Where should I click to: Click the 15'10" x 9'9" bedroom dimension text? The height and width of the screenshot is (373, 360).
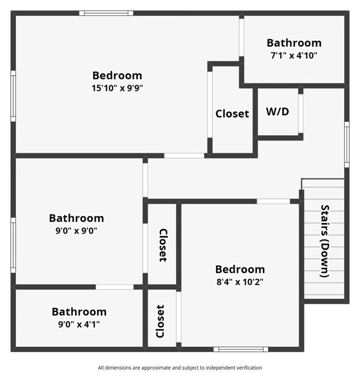pos(117,88)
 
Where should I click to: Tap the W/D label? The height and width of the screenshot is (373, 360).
pos(278,111)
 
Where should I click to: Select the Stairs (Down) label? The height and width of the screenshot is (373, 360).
pos(325,241)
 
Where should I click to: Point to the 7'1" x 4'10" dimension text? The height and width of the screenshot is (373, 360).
pos(294,56)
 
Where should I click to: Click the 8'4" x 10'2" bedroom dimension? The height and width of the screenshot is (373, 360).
pos(240,282)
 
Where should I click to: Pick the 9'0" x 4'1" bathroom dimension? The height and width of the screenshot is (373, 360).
pos(79,324)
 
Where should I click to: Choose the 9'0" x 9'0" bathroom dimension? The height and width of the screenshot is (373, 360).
pos(76,231)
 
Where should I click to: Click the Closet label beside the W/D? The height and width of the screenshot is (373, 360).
pos(232,114)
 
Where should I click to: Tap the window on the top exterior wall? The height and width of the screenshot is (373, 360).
pos(106,13)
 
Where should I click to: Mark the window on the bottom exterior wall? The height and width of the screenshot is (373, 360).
pos(241,349)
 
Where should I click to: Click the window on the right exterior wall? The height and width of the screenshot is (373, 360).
pos(347,145)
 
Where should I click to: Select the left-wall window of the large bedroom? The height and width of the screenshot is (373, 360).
pos(13,96)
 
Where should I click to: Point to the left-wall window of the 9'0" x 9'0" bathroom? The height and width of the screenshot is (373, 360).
pos(13,245)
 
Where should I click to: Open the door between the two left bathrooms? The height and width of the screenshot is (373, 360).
pos(115,287)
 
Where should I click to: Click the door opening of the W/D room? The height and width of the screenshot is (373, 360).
pos(300,114)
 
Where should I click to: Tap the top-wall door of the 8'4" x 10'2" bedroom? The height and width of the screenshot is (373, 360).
pos(274,201)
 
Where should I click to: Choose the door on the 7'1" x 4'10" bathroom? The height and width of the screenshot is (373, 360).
pos(242,37)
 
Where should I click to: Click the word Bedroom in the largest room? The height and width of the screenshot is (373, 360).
pos(117,75)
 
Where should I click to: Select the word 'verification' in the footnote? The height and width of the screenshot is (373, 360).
pos(249,368)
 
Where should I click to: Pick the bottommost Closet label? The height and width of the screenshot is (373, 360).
pos(160,321)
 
